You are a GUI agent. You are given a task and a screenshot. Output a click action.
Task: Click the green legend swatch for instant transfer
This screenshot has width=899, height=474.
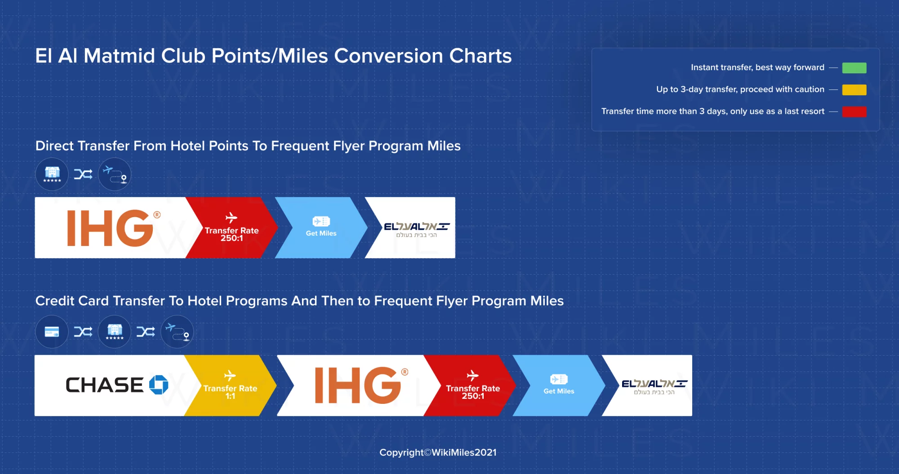tap(854, 68)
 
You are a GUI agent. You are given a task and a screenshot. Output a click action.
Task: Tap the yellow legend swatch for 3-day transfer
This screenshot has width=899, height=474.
tap(854, 90)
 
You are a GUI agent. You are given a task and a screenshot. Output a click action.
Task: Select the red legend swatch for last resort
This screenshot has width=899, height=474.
tap(854, 112)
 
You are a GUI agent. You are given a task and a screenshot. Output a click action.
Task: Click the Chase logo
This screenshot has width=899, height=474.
tap(117, 385)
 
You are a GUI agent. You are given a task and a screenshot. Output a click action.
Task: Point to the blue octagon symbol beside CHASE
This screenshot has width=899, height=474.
tap(159, 385)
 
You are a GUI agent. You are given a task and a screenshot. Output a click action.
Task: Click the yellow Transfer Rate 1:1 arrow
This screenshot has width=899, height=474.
tap(230, 385)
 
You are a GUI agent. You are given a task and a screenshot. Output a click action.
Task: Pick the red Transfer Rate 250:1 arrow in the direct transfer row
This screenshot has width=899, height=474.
tap(232, 228)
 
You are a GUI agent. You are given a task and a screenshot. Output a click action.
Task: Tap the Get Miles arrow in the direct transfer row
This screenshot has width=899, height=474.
tap(321, 228)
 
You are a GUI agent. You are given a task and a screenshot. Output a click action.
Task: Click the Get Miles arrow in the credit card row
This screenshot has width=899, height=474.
tap(559, 385)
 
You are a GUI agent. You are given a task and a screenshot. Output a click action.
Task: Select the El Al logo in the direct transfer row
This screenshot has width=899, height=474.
tap(417, 229)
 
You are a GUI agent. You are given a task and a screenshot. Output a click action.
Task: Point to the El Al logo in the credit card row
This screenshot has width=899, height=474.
tap(654, 387)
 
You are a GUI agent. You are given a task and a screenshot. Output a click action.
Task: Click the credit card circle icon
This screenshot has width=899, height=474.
tap(52, 332)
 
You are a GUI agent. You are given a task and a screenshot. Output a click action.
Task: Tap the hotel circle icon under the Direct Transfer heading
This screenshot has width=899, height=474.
tap(52, 174)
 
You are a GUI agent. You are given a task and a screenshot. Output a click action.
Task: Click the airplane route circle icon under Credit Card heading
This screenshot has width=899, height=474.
tap(177, 332)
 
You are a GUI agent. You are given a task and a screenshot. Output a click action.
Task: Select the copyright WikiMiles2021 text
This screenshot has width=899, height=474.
tap(438, 452)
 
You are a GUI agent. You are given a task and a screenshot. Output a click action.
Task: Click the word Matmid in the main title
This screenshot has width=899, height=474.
tap(120, 56)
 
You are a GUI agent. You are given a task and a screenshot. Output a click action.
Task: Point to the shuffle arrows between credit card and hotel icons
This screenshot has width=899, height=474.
tap(83, 332)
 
